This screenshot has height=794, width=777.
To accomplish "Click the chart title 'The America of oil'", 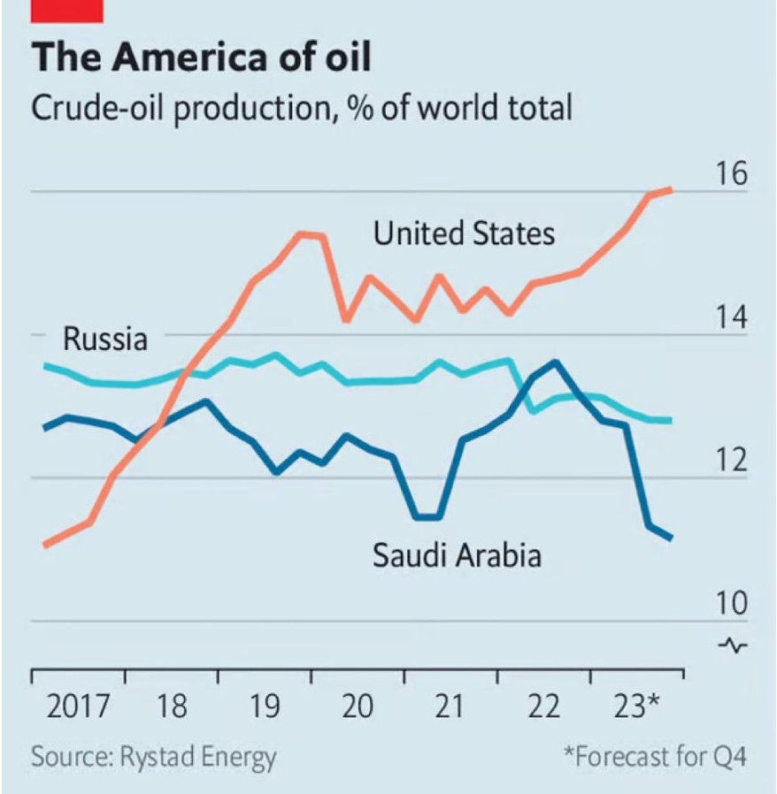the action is coord(201,57).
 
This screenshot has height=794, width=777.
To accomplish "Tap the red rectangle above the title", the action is coord(67,11).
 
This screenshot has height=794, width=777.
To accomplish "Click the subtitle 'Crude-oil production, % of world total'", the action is coord(302,108).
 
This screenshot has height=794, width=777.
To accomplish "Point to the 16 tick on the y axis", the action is coord(731,173).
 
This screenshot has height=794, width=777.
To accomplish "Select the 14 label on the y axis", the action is coord(731,317).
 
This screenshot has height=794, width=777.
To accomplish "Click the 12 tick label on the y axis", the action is coord(731,461).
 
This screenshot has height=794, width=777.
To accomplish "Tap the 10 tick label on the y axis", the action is coord(731,603).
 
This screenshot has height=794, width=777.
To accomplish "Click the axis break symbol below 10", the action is coord(733,645).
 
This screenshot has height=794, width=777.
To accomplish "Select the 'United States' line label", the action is coord(464,233).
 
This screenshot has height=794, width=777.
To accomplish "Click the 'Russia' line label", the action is coord(105,339).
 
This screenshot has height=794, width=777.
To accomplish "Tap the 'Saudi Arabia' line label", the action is coord(458,554).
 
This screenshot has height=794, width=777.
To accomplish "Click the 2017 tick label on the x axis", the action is coord(78,706).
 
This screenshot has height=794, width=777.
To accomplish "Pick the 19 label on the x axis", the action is coord(264,706).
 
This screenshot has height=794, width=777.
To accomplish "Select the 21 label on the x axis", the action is coord(449,706).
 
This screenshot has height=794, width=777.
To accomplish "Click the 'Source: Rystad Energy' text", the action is coord(154,758).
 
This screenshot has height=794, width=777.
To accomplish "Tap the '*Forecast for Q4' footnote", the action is coord(656,757).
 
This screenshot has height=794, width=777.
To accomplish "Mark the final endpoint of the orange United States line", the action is coord(670,190).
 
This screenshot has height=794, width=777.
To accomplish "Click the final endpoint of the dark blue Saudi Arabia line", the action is coord(670,538).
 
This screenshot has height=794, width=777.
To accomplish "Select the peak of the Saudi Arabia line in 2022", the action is coord(556,363).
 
